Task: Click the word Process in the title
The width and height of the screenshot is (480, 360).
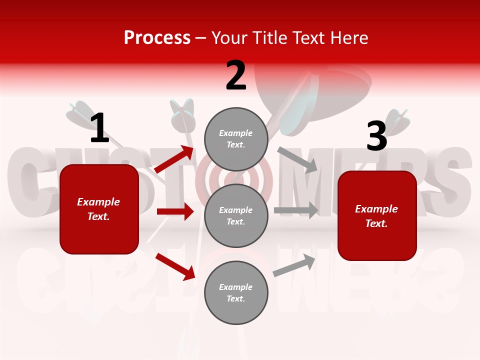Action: pos(157,37)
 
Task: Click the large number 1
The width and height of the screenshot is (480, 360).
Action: pos(99,128)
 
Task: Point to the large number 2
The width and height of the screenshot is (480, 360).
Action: pos(236,75)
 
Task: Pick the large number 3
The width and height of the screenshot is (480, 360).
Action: pos(376,136)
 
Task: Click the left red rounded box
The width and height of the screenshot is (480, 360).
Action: pos(99,209)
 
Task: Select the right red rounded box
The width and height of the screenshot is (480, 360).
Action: pos(377,215)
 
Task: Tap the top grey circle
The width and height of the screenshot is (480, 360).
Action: pos(236,139)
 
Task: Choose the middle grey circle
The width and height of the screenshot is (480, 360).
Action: pos(236,215)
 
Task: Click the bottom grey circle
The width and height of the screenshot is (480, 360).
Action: pos(236,292)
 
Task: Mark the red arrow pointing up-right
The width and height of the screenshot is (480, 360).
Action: pos(174,159)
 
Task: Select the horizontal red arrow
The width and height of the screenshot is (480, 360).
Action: pos(175,211)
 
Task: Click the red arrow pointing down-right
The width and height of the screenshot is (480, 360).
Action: pos(175,266)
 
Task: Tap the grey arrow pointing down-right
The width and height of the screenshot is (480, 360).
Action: pos(297,159)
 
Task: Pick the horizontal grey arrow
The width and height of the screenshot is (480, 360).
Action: pos(296,210)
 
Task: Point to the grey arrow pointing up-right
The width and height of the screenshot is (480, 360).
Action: pos(294,265)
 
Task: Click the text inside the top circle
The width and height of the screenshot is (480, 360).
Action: pos(236,139)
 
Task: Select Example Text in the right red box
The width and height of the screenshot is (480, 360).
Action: pos(376,216)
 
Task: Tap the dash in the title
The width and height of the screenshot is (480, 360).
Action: pos(201,38)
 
